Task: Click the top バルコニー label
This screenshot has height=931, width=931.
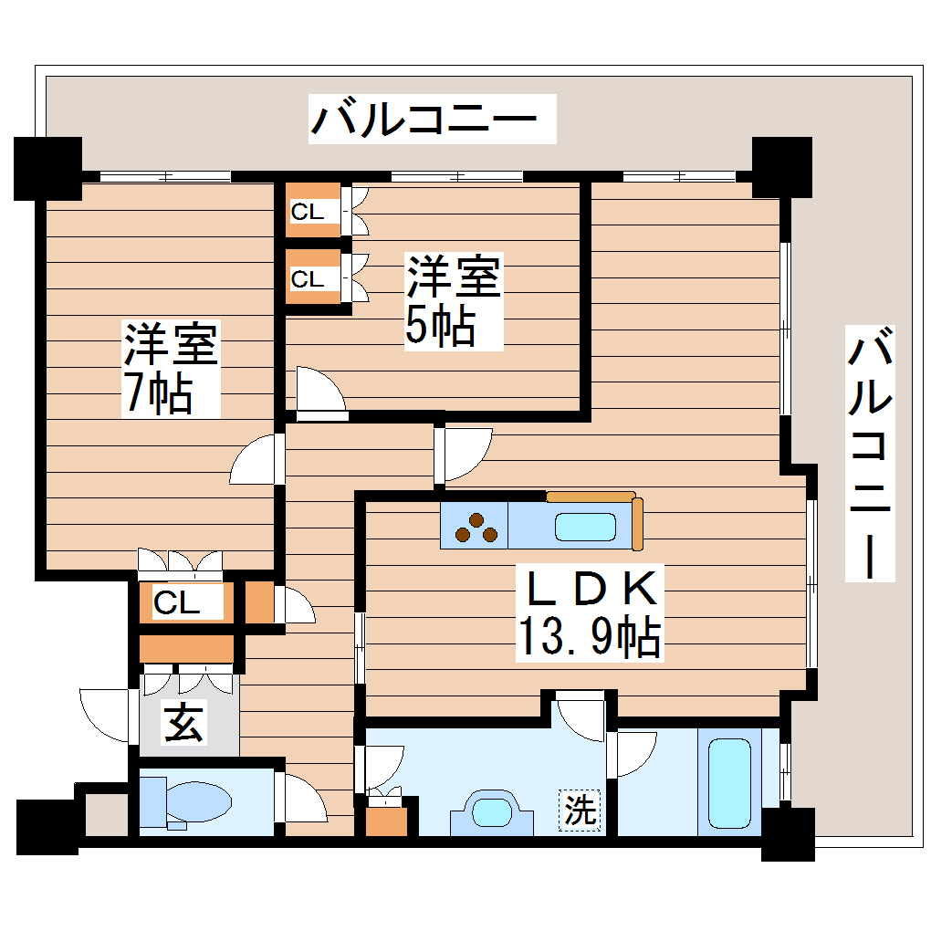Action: pos(432,120)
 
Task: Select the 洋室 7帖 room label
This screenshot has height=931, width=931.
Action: pos(171,369)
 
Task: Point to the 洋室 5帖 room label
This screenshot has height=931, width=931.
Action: pos(454,301)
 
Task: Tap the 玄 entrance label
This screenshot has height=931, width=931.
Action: pos(184,723)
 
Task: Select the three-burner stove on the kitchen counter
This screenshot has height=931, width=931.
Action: pos(476,528)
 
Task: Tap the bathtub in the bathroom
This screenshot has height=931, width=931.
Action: pos(729,783)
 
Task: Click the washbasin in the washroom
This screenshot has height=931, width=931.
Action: pos(493,810)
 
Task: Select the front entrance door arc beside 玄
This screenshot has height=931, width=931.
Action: pos(108,716)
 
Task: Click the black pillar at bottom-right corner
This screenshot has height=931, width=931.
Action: pos(788,834)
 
